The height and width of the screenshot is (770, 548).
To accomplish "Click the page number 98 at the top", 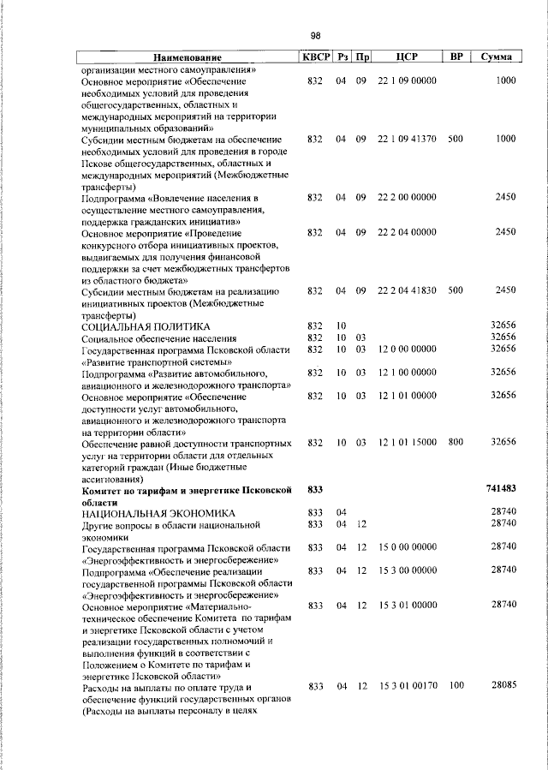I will coord(315,35).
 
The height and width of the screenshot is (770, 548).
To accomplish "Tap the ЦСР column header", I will coord(407,57).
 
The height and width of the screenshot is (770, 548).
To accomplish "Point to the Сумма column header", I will coord(497,57).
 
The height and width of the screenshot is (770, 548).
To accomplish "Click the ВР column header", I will coord(456,57).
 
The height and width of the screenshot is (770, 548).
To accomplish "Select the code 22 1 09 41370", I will coord(407,139).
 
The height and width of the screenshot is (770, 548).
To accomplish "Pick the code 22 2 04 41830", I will coord(407,291).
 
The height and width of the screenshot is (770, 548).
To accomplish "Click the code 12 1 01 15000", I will coord(407,442).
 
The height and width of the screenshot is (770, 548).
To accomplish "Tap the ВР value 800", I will coord(455,442).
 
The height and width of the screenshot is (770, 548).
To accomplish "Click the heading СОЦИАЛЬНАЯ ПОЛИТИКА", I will coord(146,326).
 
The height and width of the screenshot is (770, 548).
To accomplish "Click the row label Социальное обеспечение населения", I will coord(158,337).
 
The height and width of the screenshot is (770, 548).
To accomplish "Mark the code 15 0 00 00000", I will coord(407,546).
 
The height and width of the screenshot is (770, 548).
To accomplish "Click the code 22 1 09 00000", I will coord(407,81).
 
